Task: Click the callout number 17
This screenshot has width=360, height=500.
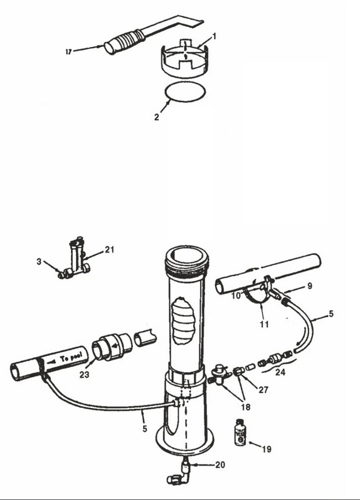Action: tap(68, 51)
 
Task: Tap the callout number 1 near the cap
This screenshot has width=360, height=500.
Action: tap(214, 36)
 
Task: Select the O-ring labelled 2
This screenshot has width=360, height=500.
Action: tap(186, 92)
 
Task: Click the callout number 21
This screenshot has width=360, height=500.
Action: tap(110, 249)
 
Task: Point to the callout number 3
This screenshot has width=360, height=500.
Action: tap(39, 261)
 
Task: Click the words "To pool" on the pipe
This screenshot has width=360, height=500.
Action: tap(71, 357)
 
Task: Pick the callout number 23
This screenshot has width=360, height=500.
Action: tap(84, 374)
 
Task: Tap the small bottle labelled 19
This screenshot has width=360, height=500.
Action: tap(240, 432)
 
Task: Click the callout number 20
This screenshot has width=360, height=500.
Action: tap(220, 465)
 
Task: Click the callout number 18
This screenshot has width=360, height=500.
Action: tap(246, 407)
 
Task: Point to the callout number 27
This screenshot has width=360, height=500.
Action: tap(263, 389)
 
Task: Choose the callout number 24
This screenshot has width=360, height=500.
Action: tap(280, 372)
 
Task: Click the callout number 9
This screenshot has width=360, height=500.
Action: tap(310, 286)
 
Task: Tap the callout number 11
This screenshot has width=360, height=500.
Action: tap(264, 325)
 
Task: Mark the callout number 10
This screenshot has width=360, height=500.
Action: tap(236, 296)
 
